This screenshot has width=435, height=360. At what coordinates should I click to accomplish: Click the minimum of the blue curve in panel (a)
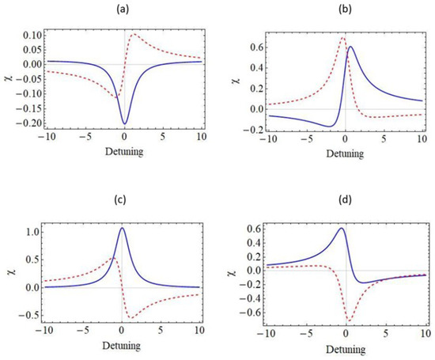pos(124,123)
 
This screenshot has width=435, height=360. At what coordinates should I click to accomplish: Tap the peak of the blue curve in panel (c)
pos(122,228)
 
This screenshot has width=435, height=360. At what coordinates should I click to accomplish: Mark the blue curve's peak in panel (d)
pos(341,229)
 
